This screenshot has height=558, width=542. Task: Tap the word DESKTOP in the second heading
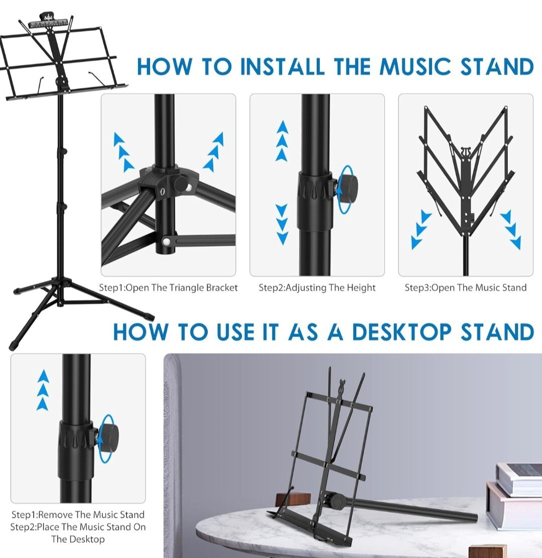(401, 332)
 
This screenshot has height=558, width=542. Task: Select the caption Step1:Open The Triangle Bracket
(168, 288)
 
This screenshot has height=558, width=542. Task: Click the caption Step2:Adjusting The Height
(317, 288)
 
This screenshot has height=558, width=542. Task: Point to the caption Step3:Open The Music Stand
(465, 288)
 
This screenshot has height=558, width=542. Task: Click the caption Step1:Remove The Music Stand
(78, 514)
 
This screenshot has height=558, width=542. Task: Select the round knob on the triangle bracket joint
(182, 184)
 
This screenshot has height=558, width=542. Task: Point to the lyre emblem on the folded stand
(465, 152)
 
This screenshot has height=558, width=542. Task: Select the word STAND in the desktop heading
(497, 332)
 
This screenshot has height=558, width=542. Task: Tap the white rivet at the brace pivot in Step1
(166, 242)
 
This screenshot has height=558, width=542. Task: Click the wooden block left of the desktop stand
(293, 498)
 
